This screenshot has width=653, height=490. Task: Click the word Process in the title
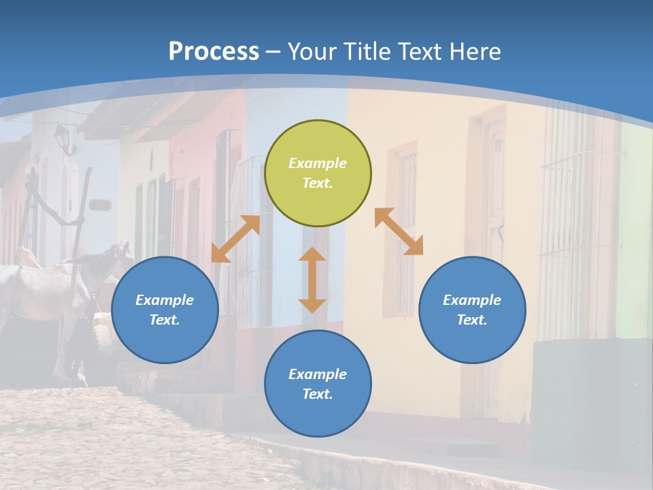(x=214, y=52)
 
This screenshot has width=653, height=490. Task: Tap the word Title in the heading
(x=367, y=52)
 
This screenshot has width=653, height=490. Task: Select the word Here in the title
(x=475, y=52)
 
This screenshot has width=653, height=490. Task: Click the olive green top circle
(x=318, y=173)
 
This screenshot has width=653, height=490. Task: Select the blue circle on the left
(x=165, y=310)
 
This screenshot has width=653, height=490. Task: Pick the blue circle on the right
(x=472, y=310)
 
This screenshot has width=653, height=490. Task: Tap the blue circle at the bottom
(x=318, y=384)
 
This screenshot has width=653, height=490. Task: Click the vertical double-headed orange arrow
(x=312, y=280)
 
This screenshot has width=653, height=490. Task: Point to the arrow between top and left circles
(x=235, y=239)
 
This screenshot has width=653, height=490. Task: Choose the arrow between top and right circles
(x=399, y=231)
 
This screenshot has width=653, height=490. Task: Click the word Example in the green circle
(x=318, y=163)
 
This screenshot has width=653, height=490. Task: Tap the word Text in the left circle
(x=165, y=320)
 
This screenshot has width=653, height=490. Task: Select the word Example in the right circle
(x=472, y=300)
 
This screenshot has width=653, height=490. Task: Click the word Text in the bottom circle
(x=318, y=394)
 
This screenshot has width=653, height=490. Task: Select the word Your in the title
(x=311, y=52)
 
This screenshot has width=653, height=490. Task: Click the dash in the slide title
(x=273, y=52)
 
